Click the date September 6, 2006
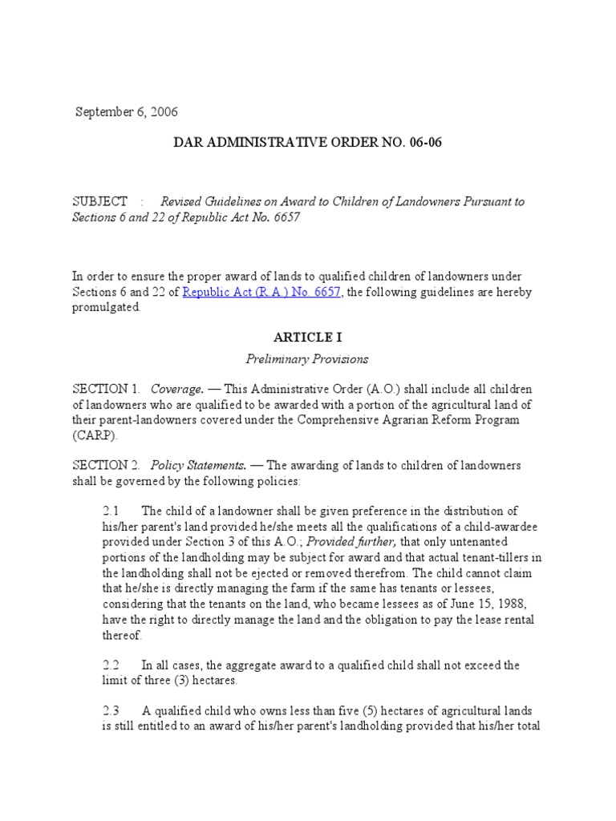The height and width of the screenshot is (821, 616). point(127,111)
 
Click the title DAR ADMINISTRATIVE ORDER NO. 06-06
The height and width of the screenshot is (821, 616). point(308,143)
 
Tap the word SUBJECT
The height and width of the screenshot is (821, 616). point(100,201)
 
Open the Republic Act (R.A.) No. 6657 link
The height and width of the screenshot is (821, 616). point(262,293)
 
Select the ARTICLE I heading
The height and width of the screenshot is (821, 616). point(307,338)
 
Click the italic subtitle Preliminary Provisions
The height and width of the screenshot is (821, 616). point(307,359)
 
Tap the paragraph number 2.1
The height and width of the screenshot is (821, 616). point(111,512)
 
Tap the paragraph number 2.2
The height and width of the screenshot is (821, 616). point(111,665)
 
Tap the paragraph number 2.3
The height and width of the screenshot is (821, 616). point(111,711)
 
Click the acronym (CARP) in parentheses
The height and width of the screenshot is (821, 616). point(95,436)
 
